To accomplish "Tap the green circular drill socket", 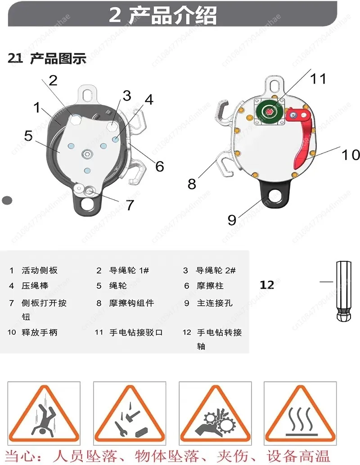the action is (270, 112).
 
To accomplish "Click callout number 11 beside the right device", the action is (318, 79).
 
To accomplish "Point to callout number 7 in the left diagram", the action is (130, 205).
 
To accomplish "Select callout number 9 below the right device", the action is (232, 220).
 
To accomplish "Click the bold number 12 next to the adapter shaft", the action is (267, 285).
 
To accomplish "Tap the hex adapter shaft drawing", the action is (344, 291).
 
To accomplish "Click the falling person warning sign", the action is (44, 414).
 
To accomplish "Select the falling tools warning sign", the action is (130, 414).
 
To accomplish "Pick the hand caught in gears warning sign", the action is (215, 414).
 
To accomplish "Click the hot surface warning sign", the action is (300, 414).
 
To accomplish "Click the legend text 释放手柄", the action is (40, 332).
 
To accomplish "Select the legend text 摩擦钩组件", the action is (131, 303).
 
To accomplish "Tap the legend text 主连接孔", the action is (215, 303).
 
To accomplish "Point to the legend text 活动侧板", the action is (40, 270).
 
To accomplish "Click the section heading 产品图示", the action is (58, 58).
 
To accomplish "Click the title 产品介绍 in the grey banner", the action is (173, 15).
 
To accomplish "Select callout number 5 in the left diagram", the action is (28, 136).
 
